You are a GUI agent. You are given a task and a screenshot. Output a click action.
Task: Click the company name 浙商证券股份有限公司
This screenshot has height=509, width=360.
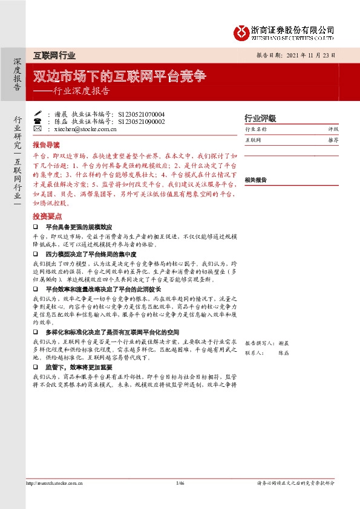(293, 30)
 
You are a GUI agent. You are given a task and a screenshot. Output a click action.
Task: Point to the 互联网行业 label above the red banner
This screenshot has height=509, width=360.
(54, 56)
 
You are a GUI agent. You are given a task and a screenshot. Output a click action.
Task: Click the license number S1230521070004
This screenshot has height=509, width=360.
(142, 114)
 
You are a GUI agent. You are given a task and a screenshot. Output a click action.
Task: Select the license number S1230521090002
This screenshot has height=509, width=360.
(142, 121)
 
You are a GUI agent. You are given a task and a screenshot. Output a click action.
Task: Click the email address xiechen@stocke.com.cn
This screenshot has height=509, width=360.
(85, 129)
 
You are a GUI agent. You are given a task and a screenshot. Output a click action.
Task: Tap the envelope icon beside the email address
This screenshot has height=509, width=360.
(37, 129)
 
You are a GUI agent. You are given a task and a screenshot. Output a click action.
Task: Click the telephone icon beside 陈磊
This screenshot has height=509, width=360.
(37, 121)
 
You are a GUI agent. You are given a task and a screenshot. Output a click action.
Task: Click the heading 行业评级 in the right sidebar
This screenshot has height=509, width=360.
(260, 118)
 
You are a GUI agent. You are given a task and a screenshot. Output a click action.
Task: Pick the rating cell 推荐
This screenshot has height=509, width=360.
(333, 140)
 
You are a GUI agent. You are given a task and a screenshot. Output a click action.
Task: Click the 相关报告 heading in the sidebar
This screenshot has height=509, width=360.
(256, 180)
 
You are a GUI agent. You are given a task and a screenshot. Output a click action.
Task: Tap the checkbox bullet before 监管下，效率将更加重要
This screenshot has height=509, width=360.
(36, 367)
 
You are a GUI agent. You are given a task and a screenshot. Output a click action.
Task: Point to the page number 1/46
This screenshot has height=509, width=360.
(180, 483)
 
